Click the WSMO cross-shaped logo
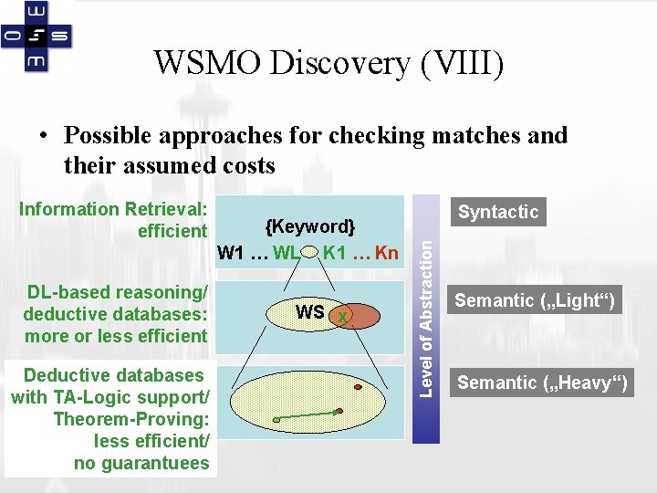pos(37,37)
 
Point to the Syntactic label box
pos(498,212)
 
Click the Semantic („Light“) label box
pos(535,300)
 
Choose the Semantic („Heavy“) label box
pos(542,383)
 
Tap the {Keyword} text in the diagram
pos(309,226)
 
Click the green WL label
pos(286,253)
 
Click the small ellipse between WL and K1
pos(310,253)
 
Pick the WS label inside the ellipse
pos(309,312)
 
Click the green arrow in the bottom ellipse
pos(308,415)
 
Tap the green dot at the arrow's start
pos(276,420)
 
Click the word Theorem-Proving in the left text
pos(131,419)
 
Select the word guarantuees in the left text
pos(141,463)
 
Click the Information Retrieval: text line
pos(115,208)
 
